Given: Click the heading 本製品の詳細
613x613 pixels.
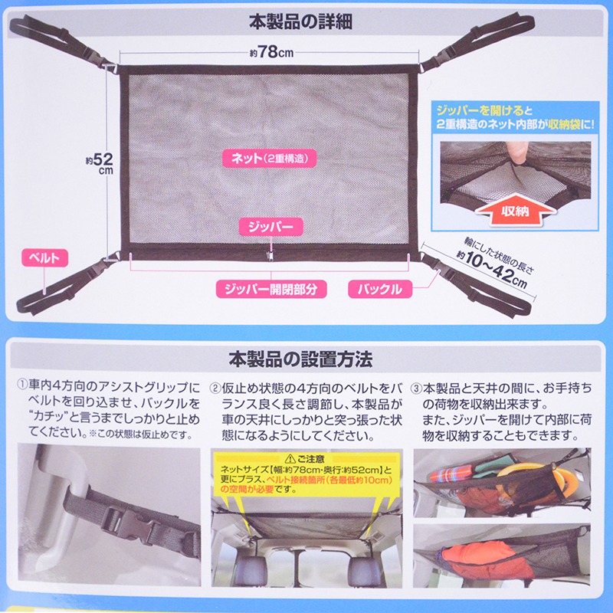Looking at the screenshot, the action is coord(300,22).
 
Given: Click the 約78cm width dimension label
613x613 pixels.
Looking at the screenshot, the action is coord(272,52).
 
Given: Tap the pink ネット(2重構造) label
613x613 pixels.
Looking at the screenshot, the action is coord(270,159).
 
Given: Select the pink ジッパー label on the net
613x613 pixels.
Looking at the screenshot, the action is coord(271,227).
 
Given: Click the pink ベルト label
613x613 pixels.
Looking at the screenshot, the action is coord(44,258).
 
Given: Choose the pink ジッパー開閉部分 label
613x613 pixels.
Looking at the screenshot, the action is coord(271,290).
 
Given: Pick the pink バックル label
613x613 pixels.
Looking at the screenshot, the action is coord(380,290).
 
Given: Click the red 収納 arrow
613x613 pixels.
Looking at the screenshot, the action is coord(515,210).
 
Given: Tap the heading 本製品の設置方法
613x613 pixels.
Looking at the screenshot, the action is coord(300,359).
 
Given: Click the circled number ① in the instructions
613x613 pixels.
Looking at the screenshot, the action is coord(22,385).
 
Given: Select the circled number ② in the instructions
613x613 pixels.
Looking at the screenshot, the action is coord(215,388).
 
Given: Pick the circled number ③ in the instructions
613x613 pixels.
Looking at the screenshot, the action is coord(416,388).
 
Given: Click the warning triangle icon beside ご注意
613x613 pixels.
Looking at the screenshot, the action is coord(290,459).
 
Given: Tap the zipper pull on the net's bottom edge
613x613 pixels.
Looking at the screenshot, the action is coord(270,256).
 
